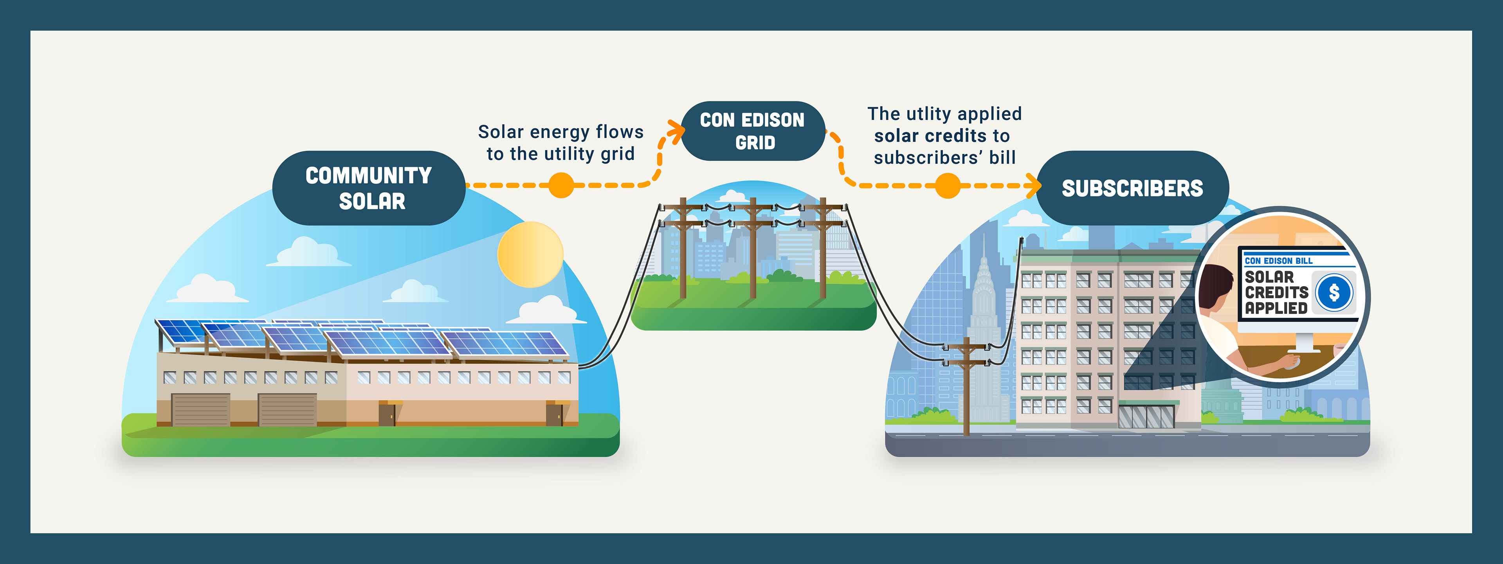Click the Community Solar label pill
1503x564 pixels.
(x=369, y=188)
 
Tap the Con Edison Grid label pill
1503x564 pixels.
(x=753, y=131)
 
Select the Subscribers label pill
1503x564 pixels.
(x=1132, y=188)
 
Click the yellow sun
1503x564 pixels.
(x=530, y=254)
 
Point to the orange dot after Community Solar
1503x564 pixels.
(x=561, y=186)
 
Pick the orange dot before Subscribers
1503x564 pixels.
(x=948, y=186)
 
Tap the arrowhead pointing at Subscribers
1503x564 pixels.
(x=1035, y=186)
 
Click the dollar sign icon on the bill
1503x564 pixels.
(x=1334, y=292)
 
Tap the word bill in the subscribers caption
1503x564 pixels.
(x=1002, y=157)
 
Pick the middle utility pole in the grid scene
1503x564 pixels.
(x=753, y=248)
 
